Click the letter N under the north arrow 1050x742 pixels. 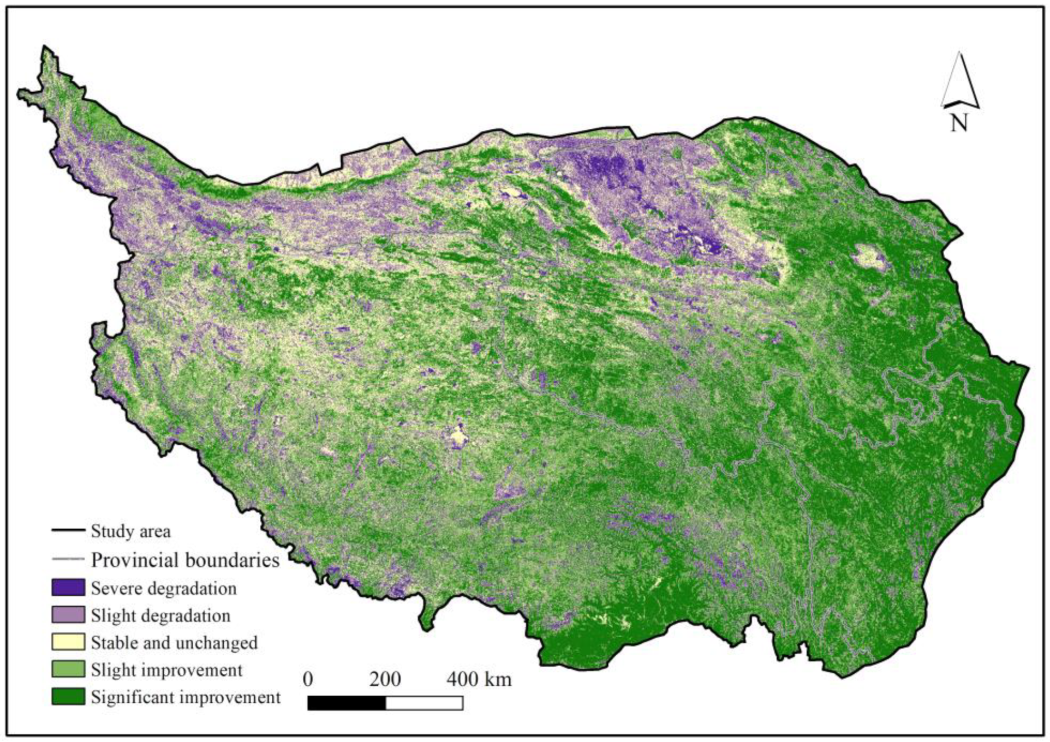[959, 123]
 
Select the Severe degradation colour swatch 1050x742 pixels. [68, 588]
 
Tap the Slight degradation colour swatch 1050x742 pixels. [68, 615]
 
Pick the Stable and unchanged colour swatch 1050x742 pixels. [68, 642]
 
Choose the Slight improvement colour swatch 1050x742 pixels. [68, 669]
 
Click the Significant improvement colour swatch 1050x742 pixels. [68, 697]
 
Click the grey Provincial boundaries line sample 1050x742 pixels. [68, 559]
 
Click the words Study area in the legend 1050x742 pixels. [130, 531]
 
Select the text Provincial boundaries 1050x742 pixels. [185, 560]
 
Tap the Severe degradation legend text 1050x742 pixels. [164, 589]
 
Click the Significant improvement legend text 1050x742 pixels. [186, 698]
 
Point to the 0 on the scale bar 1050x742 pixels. [308, 679]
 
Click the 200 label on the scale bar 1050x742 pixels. [385, 679]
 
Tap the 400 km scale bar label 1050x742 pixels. [479, 679]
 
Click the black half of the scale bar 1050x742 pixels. [347, 703]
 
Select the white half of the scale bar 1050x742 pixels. [425, 703]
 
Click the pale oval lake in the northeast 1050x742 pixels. [869, 258]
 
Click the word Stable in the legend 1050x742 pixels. [111, 643]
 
